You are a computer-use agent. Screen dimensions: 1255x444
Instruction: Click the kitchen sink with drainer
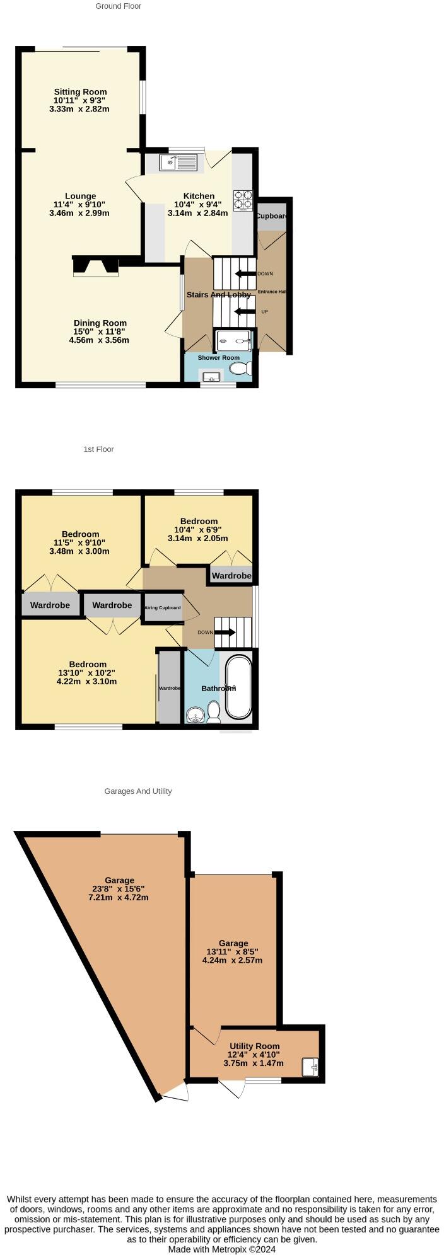pyautogui.click(x=179, y=163)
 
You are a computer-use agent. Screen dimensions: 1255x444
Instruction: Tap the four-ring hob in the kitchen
pyautogui.click(x=243, y=200)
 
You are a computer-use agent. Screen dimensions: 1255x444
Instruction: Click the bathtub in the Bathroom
pyautogui.click(x=238, y=687)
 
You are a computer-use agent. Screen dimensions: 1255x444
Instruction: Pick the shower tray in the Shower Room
pyautogui.click(x=235, y=341)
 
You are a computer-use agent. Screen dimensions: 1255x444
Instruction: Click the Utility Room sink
pyautogui.click(x=310, y=1067)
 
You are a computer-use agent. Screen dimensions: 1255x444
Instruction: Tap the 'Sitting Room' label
pyautogui.click(x=80, y=92)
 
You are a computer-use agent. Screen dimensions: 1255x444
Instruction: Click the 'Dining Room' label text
pyautogui.click(x=100, y=323)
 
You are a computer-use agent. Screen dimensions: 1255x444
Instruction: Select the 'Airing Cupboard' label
pyautogui.click(x=163, y=608)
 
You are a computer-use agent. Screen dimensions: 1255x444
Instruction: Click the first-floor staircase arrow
pyautogui.click(x=225, y=633)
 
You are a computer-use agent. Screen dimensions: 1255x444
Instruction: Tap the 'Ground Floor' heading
pyautogui.click(x=118, y=6)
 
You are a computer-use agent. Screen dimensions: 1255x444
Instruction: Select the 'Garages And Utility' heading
pyautogui.click(x=138, y=791)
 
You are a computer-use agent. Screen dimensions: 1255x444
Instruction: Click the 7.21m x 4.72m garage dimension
pyautogui.click(x=119, y=897)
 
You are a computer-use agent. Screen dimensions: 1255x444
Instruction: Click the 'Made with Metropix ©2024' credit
pyautogui.click(x=221, y=1249)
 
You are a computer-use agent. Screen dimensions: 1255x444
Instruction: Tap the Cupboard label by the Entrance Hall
pyautogui.click(x=272, y=216)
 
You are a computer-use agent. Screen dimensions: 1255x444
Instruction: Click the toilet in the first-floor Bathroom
pyautogui.click(x=213, y=712)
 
